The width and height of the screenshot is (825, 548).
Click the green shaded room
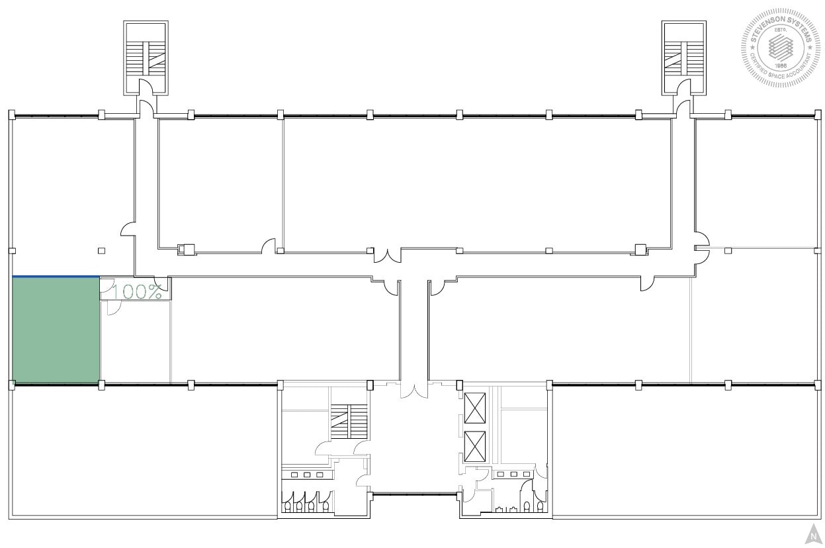tap(56, 330)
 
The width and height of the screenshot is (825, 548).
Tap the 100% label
tap(137, 292)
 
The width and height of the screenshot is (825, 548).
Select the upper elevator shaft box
tap(475, 408)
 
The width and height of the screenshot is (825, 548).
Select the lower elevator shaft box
tap(475, 447)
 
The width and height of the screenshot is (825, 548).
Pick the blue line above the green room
tap(56, 277)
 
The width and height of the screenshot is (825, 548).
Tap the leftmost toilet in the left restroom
tap(288, 506)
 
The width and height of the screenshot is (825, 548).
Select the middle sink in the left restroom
tap(307, 475)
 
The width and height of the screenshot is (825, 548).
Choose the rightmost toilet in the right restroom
tap(541, 506)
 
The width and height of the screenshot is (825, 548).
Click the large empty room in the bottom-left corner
tap(144, 450)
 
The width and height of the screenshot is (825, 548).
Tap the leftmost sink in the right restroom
tap(501, 475)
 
